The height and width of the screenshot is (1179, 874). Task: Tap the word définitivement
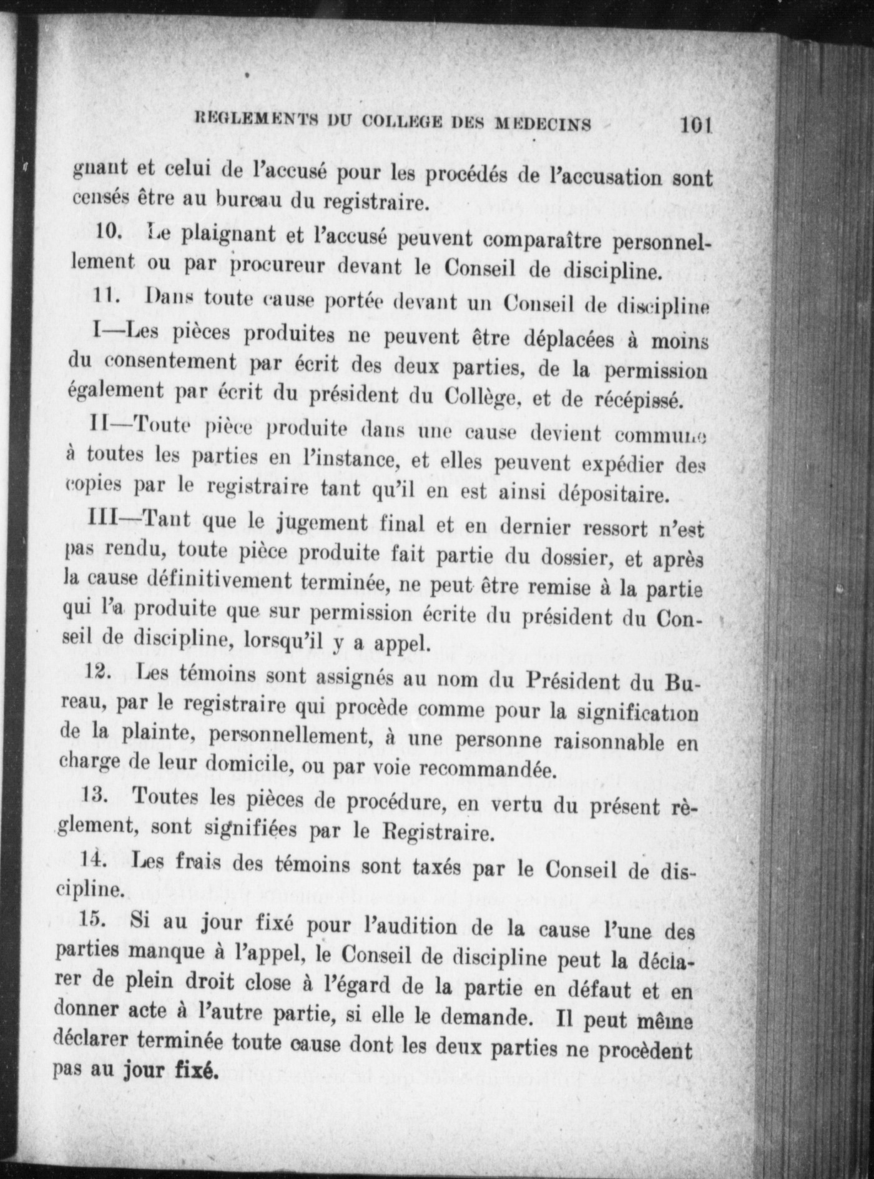[x=218, y=581]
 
